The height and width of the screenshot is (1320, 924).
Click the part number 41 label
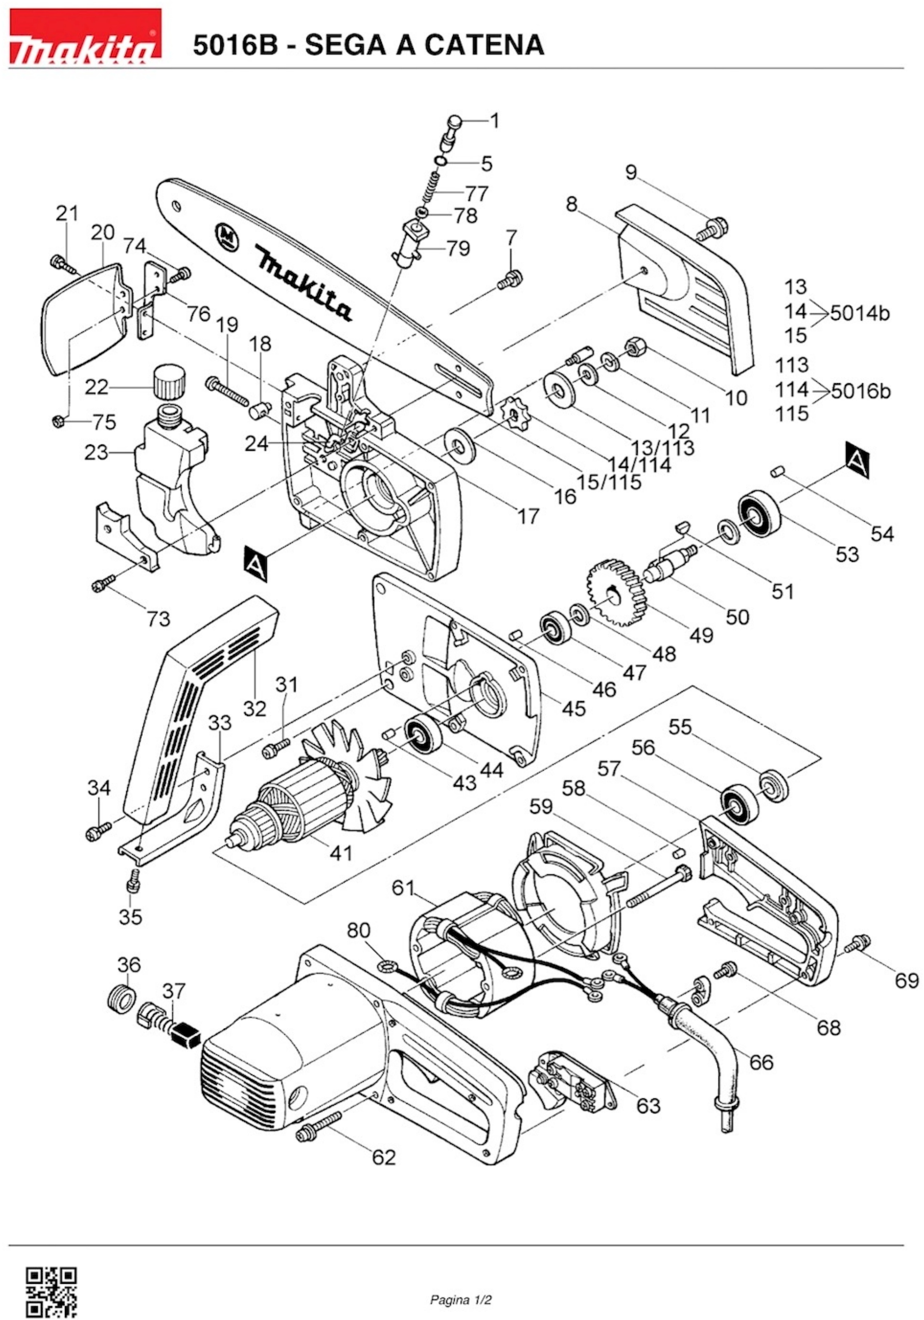click(x=340, y=853)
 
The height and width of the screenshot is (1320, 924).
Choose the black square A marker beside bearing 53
click(x=857, y=459)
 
